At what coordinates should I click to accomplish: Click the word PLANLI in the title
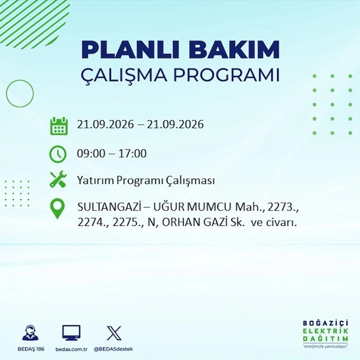click(x=130, y=50)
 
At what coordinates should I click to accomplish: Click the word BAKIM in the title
click(x=234, y=50)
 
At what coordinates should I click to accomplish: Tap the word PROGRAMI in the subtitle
click(x=226, y=75)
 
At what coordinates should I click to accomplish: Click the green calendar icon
click(x=59, y=126)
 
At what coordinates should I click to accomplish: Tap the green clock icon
click(x=58, y=154)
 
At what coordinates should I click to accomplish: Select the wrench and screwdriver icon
click(x=58, y=179)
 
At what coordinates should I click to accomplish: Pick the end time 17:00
click(x=132, y=153)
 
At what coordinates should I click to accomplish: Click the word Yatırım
click(x=95, y=180)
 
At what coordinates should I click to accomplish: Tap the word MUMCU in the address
click(x=208, y=207)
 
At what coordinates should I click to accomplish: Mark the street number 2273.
click(x=283, y=207)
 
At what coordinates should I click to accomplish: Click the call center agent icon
click(x=31, y=333)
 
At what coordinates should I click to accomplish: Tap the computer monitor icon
click(x=72, y=333)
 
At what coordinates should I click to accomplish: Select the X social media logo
click(x=114, y=333)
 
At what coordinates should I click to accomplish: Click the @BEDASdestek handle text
click(x=113, y=349)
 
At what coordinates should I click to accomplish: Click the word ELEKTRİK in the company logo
click(x=325, y=331)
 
